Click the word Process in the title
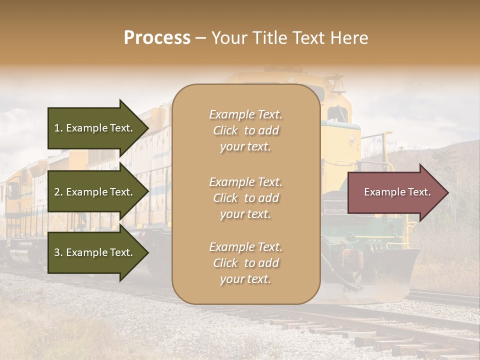point(157,38)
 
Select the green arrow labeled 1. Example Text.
point(95,128)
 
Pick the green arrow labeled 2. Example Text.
point(95,192)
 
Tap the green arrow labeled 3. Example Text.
point(95,252)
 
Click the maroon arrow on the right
point(395,192)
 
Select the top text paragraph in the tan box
point(245,130)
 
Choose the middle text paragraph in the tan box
point(245,198)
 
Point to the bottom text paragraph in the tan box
point(245,263)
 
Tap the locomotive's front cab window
point(338,114)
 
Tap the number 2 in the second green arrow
point(57,192)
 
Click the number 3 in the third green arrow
point(57,252)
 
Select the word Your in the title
point(228,38)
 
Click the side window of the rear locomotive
point(13,190)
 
